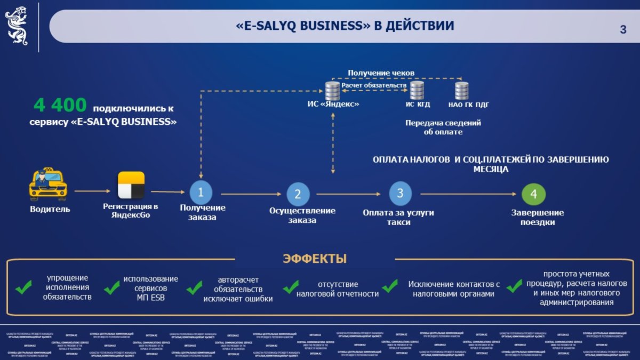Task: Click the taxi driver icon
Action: [48, 185]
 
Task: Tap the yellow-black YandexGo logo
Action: [131, 185]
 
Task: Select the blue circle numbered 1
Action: [201, 191]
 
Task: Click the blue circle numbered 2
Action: [298, 194]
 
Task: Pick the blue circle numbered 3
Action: [401, 193]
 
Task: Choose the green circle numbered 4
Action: [533, 194]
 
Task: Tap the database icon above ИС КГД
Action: [417, 90]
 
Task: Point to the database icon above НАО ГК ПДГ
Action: [462, 90]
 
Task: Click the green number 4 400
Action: [60, 106]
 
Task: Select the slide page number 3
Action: [623, 30]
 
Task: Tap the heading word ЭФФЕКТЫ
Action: [315, 259]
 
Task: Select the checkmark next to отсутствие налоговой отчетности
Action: [291, 287]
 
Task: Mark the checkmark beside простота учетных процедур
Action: [514, 286]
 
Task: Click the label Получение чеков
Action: [381, 73]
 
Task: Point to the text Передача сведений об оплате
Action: [443, 127]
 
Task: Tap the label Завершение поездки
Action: [538, 217]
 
